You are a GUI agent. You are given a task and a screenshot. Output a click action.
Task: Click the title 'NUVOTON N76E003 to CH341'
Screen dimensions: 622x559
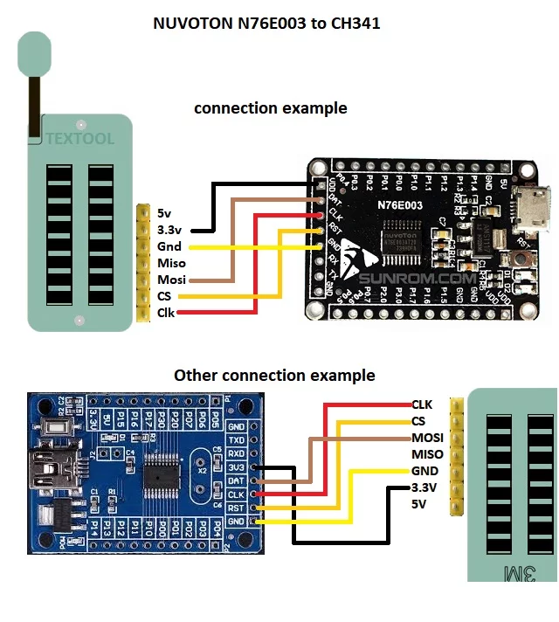[x=266, y=24]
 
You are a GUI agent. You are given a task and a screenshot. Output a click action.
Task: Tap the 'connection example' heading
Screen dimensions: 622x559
[x=270, y=108]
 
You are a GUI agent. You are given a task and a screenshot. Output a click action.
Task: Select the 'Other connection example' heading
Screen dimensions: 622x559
[x=274, y=376]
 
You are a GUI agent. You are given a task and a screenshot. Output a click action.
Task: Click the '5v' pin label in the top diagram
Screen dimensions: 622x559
[x=165, y=212]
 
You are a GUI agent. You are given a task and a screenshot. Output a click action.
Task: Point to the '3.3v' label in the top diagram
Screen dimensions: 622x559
[x=169, y=230]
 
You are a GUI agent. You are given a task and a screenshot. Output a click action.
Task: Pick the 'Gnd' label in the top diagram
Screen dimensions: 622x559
[x=169, y=246]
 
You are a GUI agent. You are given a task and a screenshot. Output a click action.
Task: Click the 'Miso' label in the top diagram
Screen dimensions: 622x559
[x=171, y=263]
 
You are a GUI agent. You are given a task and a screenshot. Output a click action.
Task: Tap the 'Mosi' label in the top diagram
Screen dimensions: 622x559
[x=171, y=280]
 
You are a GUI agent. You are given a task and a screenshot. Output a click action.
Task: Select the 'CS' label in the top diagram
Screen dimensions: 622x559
[x=165, y=296]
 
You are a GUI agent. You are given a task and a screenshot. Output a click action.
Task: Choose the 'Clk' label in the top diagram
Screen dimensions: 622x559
[x=166, y=312]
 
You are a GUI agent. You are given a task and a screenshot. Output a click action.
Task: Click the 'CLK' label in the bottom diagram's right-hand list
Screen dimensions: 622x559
[x=422, y=404]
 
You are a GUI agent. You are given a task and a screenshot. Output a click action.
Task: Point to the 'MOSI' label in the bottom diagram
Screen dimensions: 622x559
[x=428, y=438]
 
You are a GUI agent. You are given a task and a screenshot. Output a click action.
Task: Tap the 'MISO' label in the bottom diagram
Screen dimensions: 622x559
[x=427, y=454]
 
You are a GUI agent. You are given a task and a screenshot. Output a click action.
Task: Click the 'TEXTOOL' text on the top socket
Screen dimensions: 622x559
[x=79, y=139]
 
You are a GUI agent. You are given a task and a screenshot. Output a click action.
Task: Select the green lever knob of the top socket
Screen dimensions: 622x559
[x=34, y=54]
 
